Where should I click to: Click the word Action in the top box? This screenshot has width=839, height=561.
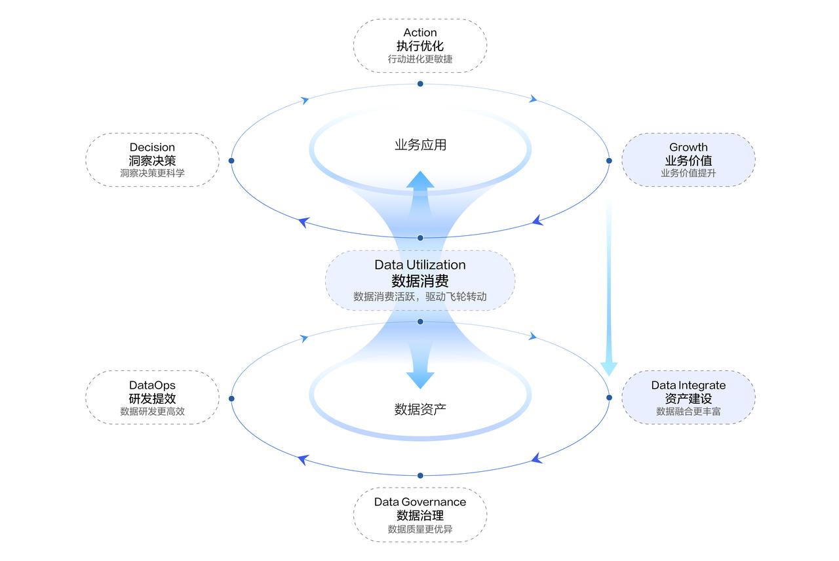pyautogui.click(x=420, y=33)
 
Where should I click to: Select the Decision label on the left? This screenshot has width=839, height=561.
pyautogui.click(x=152, y=147)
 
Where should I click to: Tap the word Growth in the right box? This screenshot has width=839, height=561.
pyautogui.click(x=688, y=147)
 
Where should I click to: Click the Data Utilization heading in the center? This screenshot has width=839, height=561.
pyautogui.click(x=420, y=265)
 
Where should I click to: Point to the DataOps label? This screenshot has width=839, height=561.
pyautogui.click(x=152, y=385)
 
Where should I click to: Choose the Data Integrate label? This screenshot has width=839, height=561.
pyautogui.click(x=688, y=385)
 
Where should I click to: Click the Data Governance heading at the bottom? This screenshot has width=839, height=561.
pyautogui.click(x=420, y=502)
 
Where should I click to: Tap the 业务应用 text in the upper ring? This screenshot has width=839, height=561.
pyautogui.click(x=420, y=145)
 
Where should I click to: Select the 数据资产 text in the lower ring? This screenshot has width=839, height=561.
pyautogui.click(x=420, y=409)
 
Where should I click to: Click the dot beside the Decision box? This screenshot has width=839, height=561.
pyautogui.click(x=231, y=161)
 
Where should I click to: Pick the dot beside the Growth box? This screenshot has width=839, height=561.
pyautogui.click(x=609, y=161)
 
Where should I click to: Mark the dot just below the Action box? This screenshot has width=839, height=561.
pyautogui.click(x=420, y=84)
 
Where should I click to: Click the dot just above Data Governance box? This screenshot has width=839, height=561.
pyautogui.click(x=420, y=476)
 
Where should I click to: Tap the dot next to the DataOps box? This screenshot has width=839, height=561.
pyautogui.click(x=231, y=398)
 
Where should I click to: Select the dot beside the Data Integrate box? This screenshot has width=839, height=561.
pyautogui.click(x=609, y=398)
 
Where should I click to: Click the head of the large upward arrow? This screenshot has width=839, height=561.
pyautogui.click(x=420, y=180)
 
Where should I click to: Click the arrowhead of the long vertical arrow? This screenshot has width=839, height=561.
pyautogui.click(x=609, y=369)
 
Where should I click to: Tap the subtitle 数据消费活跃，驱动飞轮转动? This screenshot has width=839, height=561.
pyautogui.click(x=420, y=297)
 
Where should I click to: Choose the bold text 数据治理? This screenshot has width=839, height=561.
pyautogui.click(x=420, y=515)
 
